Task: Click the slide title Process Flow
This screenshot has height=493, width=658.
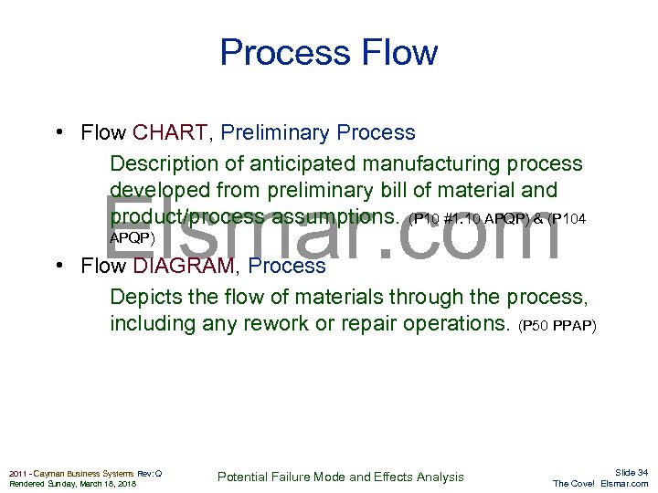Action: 328,53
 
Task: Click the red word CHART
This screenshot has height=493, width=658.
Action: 170,133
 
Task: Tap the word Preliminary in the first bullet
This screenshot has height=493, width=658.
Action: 276,133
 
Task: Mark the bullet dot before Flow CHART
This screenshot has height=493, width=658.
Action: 58,133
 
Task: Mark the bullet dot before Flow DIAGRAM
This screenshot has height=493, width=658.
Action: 58,267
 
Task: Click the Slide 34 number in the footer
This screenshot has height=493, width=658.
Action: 631,472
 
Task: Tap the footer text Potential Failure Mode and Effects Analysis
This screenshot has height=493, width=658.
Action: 340,477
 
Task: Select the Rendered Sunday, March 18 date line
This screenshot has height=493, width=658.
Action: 72,484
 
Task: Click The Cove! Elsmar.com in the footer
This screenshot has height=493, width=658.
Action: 600,484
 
